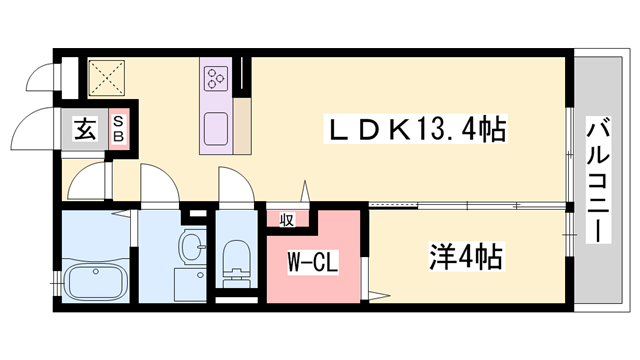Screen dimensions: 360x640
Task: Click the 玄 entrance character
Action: tap(86, 128)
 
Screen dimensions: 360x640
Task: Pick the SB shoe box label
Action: tap(119, 129)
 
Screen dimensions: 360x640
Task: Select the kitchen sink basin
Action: tap(217, 130)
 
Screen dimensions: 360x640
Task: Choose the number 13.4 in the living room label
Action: tap(443, 130)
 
